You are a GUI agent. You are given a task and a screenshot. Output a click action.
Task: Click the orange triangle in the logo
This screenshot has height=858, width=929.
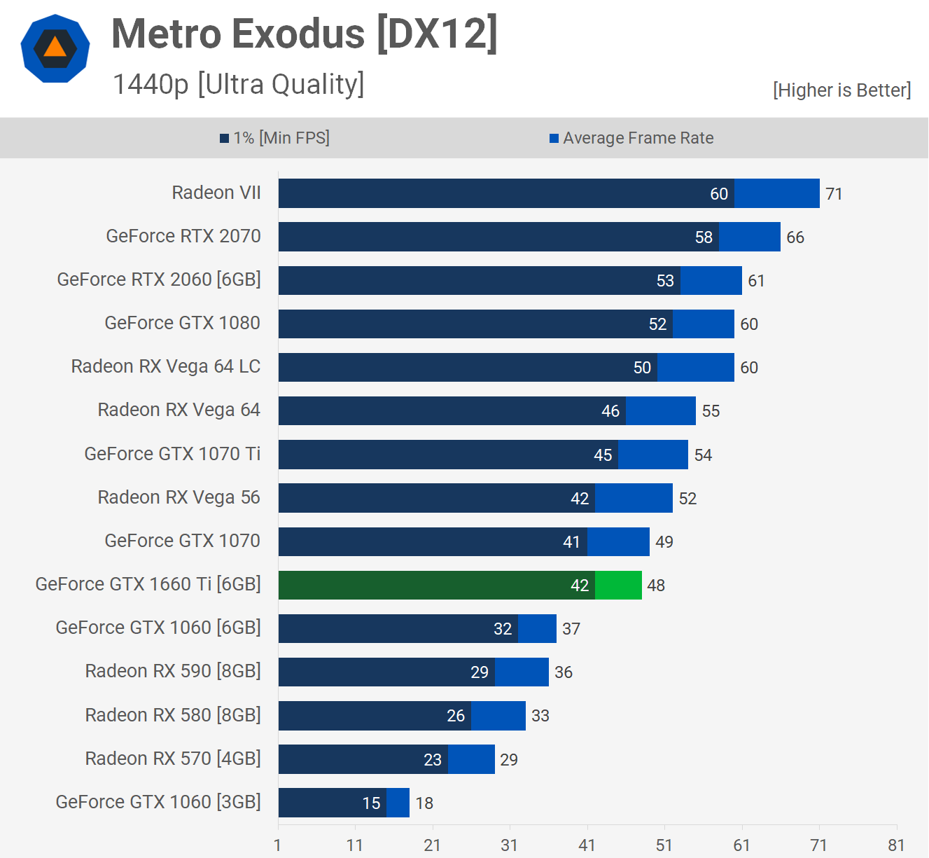55,47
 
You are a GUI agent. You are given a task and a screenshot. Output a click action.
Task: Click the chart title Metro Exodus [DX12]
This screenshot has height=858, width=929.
305,34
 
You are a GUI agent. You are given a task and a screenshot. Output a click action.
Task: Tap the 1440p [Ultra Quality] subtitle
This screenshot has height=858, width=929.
238,84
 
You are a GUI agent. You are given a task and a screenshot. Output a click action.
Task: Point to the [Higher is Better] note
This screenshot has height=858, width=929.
841,90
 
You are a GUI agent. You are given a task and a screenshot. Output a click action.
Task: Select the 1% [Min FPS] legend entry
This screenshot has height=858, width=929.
274,138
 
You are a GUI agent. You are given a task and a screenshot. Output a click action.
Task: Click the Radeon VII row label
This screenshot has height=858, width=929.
216,193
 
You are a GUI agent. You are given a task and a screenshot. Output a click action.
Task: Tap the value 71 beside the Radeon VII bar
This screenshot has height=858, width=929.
834,194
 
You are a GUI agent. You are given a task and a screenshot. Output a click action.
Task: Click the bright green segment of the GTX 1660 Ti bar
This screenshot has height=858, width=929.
618,586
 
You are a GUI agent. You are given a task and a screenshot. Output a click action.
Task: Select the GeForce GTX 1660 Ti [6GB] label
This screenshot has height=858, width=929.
148,584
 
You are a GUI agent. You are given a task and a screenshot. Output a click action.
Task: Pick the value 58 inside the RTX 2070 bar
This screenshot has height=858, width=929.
704,237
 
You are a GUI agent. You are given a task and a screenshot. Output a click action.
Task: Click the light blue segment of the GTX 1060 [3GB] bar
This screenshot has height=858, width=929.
398,803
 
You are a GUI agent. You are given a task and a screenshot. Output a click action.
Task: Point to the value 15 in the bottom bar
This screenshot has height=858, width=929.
371,803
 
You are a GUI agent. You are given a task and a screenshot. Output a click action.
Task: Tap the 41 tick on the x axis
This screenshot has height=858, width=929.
587,845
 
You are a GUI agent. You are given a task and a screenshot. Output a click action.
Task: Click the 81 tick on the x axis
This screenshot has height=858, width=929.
896,845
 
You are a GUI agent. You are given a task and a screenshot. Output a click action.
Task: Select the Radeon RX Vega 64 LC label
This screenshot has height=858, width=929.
166,366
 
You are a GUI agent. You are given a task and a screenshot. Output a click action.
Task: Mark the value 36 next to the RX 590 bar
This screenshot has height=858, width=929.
564,672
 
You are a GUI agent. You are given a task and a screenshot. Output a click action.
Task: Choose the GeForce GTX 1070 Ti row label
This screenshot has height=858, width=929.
172,454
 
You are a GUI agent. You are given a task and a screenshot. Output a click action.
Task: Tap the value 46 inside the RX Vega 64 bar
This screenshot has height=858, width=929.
610,411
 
